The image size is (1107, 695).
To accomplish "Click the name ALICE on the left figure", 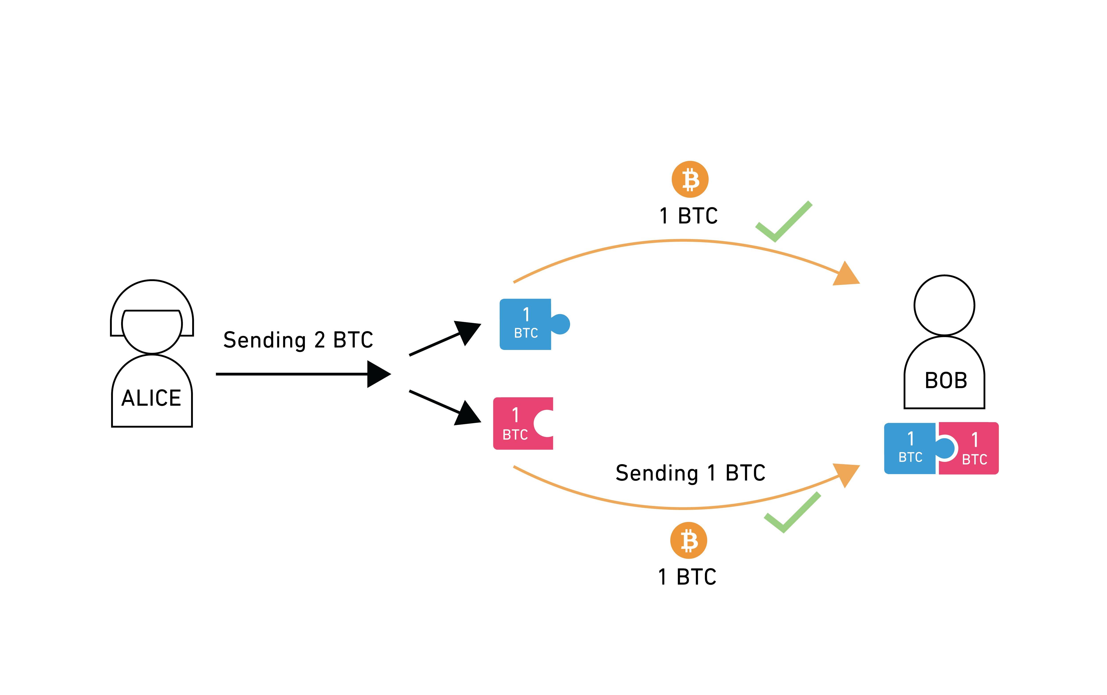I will point(151,398).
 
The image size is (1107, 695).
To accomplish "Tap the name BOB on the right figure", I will point(946,381).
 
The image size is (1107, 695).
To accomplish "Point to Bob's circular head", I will point(944,305).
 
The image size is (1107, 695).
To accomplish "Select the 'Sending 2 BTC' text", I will point(298,340).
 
